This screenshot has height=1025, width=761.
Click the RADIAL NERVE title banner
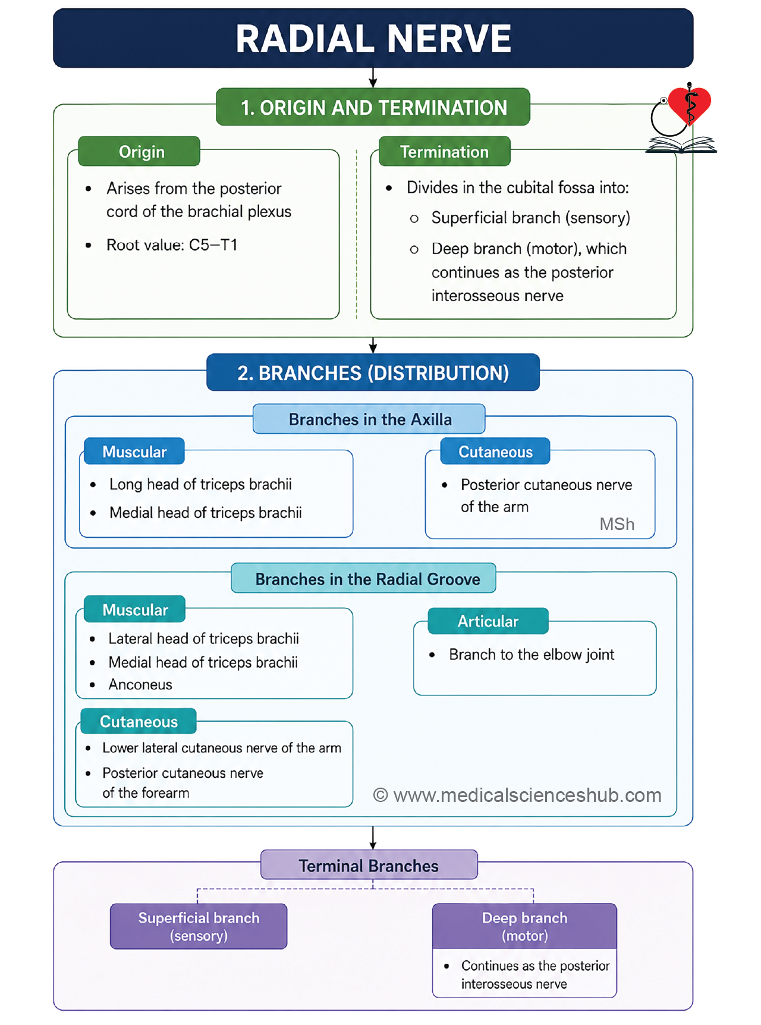[x=373, y=38]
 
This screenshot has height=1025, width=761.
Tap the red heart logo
[x=689, y=104]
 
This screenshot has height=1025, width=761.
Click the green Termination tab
[x=445, y=151]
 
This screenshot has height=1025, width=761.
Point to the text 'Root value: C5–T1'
[x=172, y=245]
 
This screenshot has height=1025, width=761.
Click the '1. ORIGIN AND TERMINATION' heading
[x=373, y=107]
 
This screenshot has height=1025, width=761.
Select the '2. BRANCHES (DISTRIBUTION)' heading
[x=373, y=372]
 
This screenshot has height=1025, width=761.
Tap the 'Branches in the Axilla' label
[x=369, y=419]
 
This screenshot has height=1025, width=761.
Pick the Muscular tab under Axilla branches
[x=134, y=452]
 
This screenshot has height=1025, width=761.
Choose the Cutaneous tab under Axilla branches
[x=495, y=452]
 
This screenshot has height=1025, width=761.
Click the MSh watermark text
[x=617, y=524]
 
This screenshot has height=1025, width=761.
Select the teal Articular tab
[x=488, y=621]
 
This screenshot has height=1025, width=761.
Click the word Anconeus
[x=140, y=685]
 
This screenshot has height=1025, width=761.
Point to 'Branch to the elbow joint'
[x=532, y=655]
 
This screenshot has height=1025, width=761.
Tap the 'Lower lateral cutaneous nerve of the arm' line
[x=222, y=748]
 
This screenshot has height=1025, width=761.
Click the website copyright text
[x=517, y=795]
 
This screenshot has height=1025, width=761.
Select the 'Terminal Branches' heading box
[x=369, y=865]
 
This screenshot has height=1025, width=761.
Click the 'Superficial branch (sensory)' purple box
[x=199, y=926]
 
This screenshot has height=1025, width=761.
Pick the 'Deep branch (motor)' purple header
[x=524, y=926]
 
